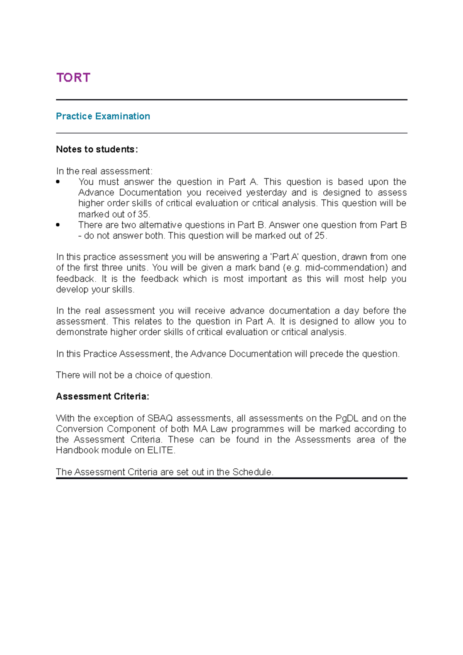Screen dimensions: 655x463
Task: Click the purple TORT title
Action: coord(73,78)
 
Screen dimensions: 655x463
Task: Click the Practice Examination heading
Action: coord(103,116)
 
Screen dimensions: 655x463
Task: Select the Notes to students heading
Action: coord(96,149)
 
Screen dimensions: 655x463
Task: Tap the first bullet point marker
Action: coord(58,182)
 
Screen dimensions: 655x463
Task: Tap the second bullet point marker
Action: coord(58,225)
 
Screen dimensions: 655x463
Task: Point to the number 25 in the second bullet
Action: coord(319,236)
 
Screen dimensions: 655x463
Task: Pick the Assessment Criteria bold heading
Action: coord(102,396)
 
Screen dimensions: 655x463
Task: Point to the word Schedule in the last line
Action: coord(252,472)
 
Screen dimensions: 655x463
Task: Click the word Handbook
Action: coord(77,450)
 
